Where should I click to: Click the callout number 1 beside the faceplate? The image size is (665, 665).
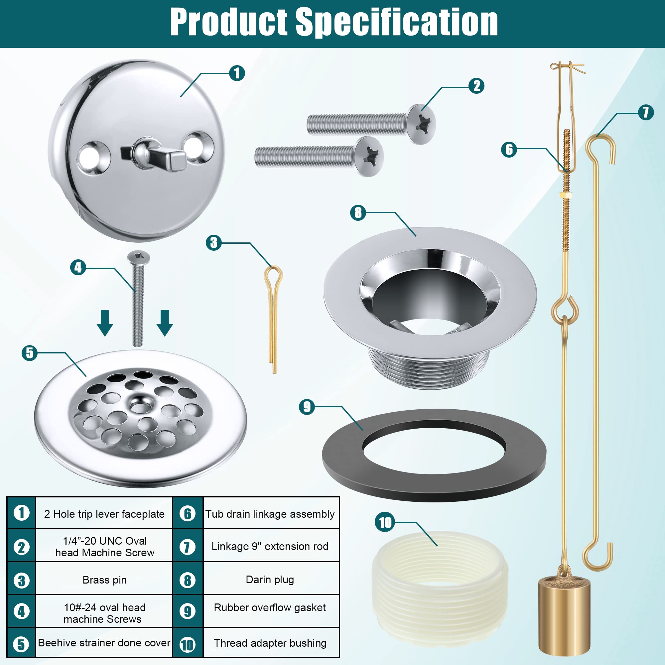coord(237,73)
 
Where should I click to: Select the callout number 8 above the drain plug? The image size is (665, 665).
coord(358,213)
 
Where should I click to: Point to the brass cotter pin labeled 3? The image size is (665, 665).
coord(274,319)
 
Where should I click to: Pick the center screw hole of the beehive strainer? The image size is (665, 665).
coord(140,408)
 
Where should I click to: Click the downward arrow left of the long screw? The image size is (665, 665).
coord(105,323)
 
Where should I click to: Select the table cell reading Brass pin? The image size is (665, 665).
coord(104,580)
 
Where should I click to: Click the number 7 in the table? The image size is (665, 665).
coord(187,547)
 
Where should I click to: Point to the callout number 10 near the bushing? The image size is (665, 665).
coord(385,522)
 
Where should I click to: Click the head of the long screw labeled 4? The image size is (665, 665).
coord(139,256)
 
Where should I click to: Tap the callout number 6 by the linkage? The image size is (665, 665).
coord(509,150)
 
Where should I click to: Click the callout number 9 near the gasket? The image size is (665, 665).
coord(307,407)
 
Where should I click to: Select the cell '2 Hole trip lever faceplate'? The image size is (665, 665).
coord(104,514)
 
